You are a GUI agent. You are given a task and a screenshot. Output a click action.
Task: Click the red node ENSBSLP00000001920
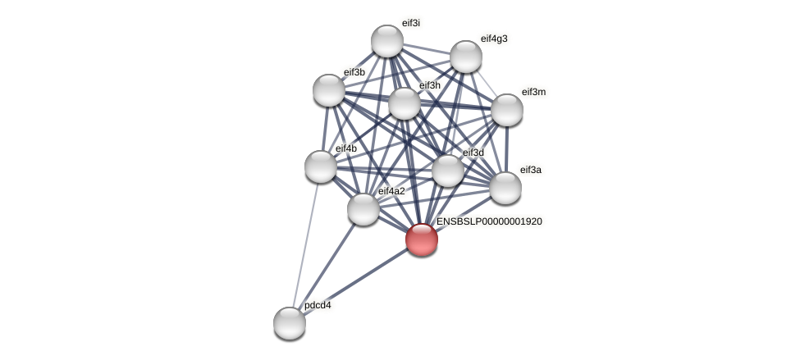pyautogui.click(x=421, y=239)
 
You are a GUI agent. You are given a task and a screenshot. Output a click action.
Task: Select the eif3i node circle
pyautogui.click(x=386, y=41)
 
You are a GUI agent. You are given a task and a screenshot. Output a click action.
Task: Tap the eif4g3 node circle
pyautogui.click(x=465, y=57)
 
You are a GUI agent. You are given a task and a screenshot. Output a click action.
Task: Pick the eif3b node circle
pyautogui.click(x=329, y=90)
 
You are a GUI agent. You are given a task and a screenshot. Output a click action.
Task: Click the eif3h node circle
pyautogui.click(x=404, y=103)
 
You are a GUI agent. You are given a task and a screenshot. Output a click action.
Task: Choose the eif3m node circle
pyautogui.click(x=506, y=110)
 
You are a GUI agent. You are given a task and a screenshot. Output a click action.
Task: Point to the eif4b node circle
pyautogui.click(x=321, y=166)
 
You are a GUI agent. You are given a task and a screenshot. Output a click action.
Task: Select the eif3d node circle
pyautogui.click(x=447, y=171)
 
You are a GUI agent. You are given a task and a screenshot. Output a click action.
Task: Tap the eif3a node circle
pyautogui.click(x=505, y=188)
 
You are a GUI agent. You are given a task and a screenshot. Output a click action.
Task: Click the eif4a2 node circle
pyautogui.click(x=363, y=209)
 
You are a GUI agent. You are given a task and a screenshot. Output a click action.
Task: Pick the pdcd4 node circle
pyautogui.click(x=289, y=322)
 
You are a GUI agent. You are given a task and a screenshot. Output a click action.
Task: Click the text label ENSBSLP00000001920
pyautogui.click(x=489, y=221)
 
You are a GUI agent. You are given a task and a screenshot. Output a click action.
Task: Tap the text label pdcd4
pyautogui.click(x=318, y=306)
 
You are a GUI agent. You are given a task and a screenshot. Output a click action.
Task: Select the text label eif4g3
pyautogui.click(x=494, y=39)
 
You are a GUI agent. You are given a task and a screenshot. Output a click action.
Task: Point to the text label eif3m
pyautogui.click(x=533, y=92)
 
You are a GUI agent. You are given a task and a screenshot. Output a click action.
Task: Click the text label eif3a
pyautogui.click(x=531, y=170)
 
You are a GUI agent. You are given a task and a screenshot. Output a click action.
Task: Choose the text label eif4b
pyautogui.click(x=346, y=148)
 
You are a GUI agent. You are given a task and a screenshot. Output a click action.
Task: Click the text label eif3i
pyautogui.click(x=410, y=23)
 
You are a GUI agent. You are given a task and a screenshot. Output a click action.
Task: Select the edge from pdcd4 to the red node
pyautogui.click(x=354, y=280)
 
